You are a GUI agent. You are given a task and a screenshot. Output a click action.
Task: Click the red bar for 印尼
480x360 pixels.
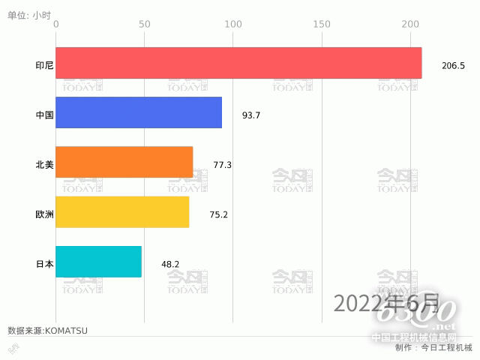point(238,63)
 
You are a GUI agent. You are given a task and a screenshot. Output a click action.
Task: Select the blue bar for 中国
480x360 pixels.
point(139,112)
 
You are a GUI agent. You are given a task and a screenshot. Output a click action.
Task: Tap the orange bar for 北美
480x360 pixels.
point(124,162)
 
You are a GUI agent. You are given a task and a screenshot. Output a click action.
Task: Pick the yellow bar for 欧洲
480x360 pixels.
point(122,212)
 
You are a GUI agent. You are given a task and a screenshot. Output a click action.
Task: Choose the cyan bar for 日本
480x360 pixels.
point(98,262)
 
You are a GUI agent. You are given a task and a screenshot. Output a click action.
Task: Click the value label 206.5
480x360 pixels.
point(453,66)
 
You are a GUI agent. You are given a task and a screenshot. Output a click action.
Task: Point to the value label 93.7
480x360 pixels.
point(250,115)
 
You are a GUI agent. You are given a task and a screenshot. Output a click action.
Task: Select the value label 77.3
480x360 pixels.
point(222,165)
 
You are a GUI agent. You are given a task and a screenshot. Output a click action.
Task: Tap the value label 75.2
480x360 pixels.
point(218,215)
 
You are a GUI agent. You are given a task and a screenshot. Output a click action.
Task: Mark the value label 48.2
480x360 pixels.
point(170,265)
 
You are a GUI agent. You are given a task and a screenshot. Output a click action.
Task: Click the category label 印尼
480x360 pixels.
point(44,65)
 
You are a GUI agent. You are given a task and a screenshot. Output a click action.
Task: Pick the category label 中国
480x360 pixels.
point(44,115)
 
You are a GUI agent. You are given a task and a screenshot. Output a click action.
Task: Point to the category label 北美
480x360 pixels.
point(44,164)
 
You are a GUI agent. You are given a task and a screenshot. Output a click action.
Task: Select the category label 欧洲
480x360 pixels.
point(44,214)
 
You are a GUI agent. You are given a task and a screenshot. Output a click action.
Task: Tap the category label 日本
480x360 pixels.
point(44,264)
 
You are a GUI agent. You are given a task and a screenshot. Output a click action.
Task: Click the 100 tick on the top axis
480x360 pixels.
point(233,25)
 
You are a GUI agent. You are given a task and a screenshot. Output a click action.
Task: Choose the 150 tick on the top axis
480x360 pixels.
point(322,25)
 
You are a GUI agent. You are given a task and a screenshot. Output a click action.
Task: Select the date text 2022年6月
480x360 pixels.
point(386,303)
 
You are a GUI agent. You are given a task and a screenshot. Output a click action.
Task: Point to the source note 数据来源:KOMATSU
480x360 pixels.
point(47,330)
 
